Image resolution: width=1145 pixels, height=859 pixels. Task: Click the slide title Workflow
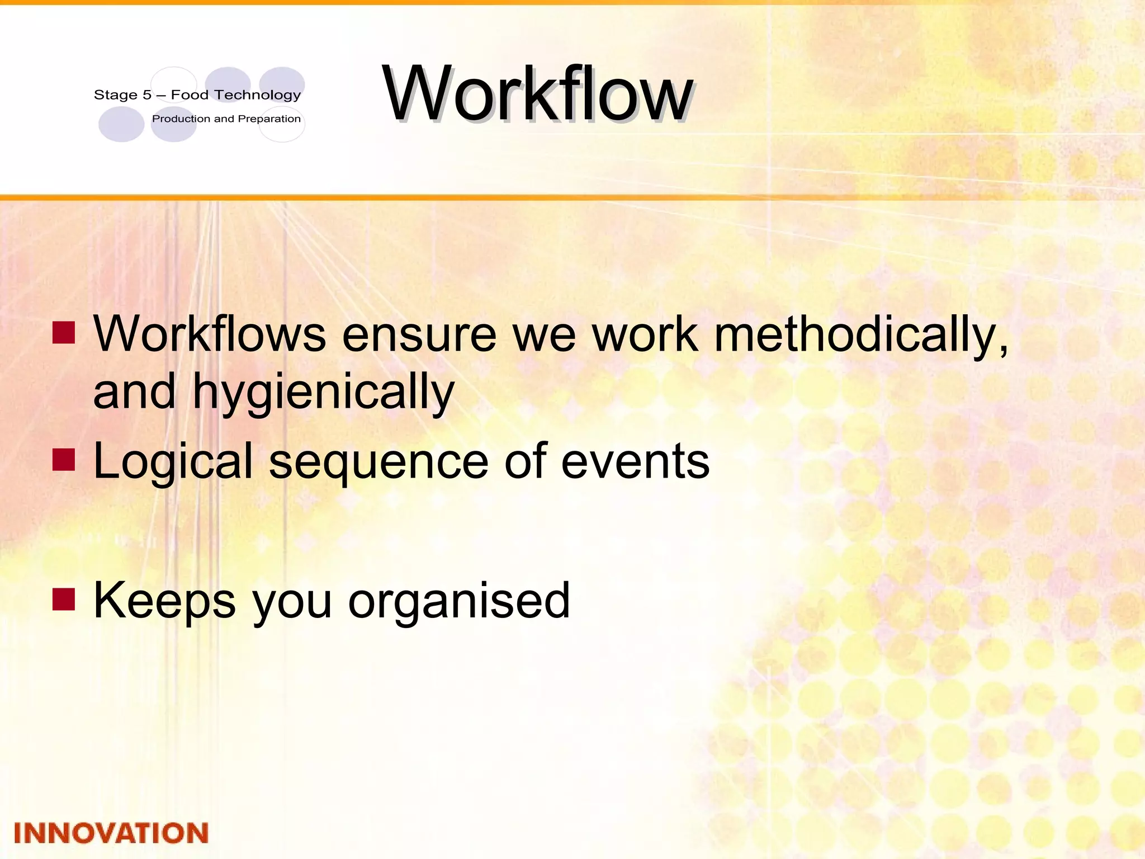[x=537, y=94]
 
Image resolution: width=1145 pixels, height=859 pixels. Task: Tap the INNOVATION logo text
[x=111, y=833]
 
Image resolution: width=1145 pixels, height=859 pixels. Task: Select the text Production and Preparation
[x=226, y=119]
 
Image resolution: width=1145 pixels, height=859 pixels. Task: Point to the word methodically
[x=861, y=336]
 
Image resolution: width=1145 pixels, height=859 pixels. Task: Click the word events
[x=635, y=462]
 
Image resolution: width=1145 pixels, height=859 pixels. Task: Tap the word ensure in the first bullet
[x=419, y=336]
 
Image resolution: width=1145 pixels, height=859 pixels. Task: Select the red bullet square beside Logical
[x=64, y=459]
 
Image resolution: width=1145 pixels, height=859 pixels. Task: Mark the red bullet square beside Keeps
[x=64, y=599]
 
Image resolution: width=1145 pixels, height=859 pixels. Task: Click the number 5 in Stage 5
[x=147, y=95]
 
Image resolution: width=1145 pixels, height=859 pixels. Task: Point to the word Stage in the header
[x=116, y=95]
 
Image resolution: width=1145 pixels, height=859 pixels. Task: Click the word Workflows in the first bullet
[x=210, y=334]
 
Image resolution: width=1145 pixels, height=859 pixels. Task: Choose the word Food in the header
[x=190, y=95]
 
